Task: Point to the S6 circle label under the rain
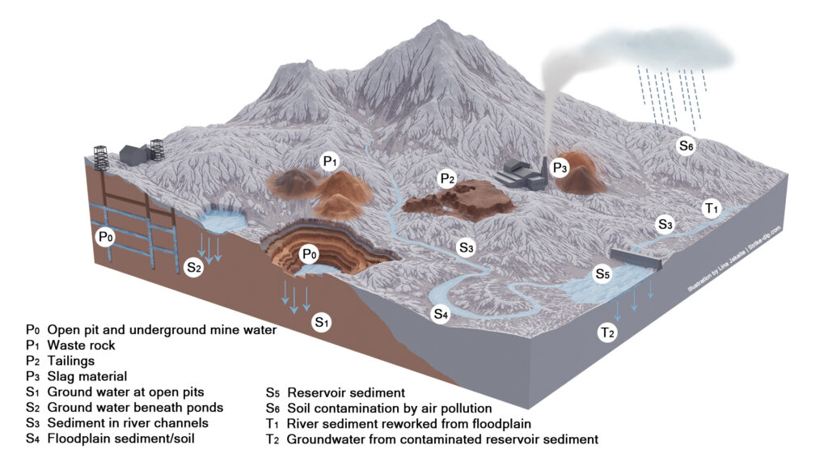click(x=686, y=146)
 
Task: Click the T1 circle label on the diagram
click(x=712, y=209)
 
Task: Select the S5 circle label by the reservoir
click(x=602, y=273)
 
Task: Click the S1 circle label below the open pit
click(x=322, y=324)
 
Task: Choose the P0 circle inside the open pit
click(x=309, y=254)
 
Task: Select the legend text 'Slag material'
click(x=84, y=376)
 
